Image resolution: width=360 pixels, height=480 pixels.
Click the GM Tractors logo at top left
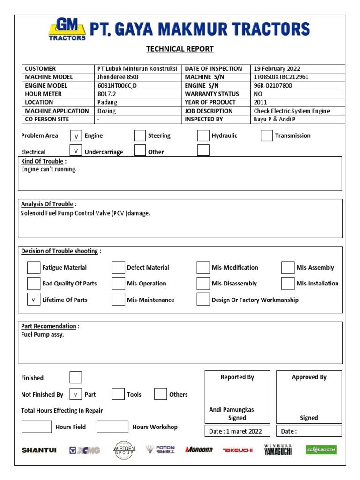pos(67,29)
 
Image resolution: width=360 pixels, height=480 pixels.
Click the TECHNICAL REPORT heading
pos(180,49)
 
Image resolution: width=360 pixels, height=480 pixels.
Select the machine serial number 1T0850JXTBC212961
pos(281,77)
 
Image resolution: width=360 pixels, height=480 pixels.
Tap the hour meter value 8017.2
pos(106,94)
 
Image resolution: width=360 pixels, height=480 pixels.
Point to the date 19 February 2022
pos(277,68)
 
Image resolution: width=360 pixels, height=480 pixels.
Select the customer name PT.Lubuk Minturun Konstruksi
pos(137,68)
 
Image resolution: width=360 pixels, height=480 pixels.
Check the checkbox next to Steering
pos(140,136)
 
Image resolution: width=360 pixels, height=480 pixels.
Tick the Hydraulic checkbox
pos(203,136)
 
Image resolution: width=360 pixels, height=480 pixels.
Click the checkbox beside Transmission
pos(266,136)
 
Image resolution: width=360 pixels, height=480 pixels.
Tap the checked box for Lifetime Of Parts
pos(33,300)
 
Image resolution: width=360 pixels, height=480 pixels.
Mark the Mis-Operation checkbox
pos(118,284)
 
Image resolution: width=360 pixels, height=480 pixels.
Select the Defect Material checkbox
pos(118,268)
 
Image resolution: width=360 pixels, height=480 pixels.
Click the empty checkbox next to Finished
pos(75,378)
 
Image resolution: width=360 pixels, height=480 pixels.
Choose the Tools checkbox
pos(118,394)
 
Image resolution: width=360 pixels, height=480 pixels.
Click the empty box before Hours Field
pos(37,427)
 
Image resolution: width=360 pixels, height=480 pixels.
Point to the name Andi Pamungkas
pos(232,410)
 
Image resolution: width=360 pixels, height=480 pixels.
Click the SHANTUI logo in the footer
pos(39,450)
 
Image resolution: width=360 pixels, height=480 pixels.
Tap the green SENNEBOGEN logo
pos(321,450)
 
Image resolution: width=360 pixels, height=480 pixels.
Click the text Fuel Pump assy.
pos(43,335)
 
